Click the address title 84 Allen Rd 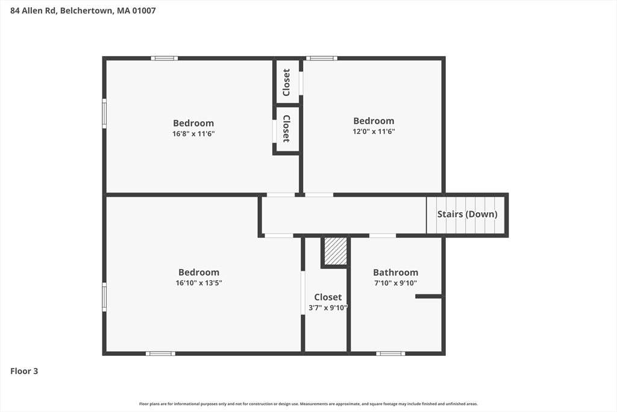(83, 10)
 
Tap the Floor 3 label (24, 371)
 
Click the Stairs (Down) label (467, 214)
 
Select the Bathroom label (395, 273)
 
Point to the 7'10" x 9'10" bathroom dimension (395, 283)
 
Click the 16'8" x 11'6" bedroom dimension (193, 134)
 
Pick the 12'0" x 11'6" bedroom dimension (374, 132)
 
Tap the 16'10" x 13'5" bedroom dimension (199, 283)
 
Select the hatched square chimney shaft (336, 251)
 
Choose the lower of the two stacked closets (287, 128)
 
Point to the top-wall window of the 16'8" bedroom (164, 59)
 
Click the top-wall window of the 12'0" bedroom (321, 59)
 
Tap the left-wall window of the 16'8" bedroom (104, 113)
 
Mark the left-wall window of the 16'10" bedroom (104, 296)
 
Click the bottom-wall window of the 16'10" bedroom (160, 353)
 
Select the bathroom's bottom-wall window (390, 353)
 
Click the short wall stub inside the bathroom (428, 296)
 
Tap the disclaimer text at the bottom (308, 404)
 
